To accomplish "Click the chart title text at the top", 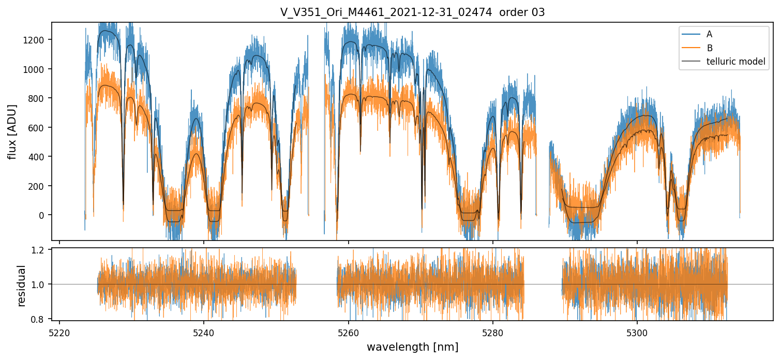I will pos(412,12).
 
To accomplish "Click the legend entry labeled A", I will pos(709,34).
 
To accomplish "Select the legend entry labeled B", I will pos(709,48).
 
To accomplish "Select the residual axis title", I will pos(21,286).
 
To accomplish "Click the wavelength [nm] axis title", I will pos(412,347).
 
